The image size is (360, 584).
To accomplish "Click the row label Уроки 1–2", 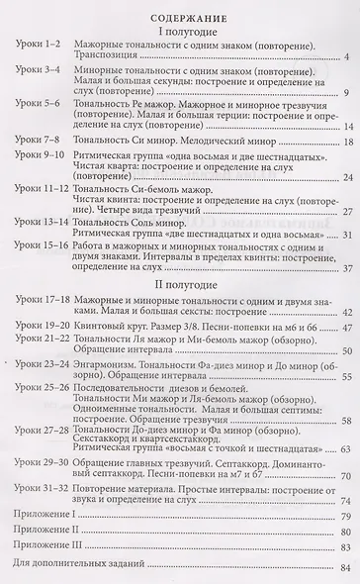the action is pos(40,51).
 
